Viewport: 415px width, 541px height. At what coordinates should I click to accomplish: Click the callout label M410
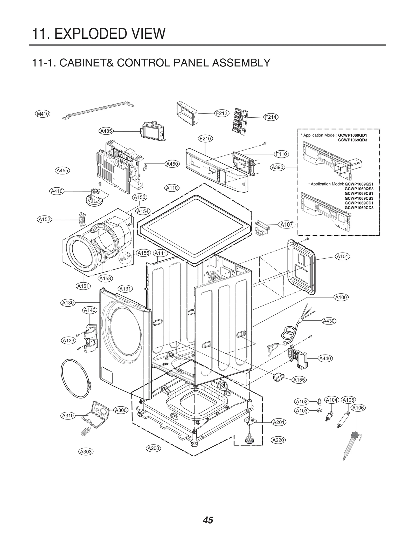click(43, 114)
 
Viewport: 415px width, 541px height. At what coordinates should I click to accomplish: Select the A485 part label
click(106, 131)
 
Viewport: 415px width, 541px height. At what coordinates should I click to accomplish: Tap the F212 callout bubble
click(222, 113)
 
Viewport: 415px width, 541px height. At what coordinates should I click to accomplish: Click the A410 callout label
click(57, 191)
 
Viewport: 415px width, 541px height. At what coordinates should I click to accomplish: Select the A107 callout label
click(286, 225)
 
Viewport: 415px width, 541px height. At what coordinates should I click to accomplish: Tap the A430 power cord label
click(329, 321)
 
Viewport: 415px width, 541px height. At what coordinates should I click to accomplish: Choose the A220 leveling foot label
click(278, 440)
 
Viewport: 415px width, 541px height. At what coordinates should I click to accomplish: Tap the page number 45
click(208, 513)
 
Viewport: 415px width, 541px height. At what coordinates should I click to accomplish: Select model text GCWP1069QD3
click(352, 140)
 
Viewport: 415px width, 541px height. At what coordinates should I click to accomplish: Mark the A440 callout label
click(325, 359)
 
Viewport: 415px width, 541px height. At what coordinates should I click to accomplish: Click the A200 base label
click(153, 448)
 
